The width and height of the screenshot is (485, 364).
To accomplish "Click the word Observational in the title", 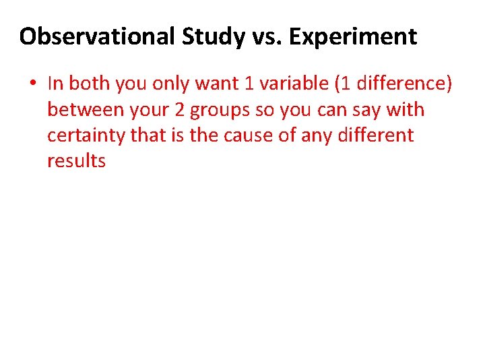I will [98, 36].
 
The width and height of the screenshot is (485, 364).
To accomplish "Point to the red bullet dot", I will [32, 84].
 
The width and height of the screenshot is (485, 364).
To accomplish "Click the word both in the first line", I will [90, 84].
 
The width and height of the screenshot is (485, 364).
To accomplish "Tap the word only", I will [174, 84].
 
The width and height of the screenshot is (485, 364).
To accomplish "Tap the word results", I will [76, 161].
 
